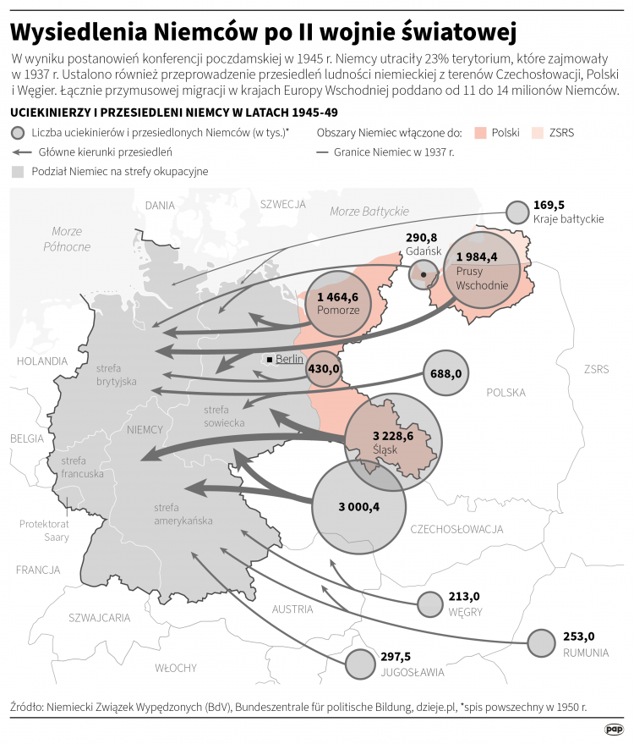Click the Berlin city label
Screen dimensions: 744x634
tap(289, 359)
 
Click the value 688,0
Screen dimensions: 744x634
tap(445, 373)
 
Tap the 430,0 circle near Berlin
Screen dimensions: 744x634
tap(323, 368)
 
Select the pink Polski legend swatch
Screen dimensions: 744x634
tap(480, 133)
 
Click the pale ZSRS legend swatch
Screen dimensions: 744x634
tap(536, 133)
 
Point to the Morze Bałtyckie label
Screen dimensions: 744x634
tap(369, 211)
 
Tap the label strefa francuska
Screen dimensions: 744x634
tap(82, 466)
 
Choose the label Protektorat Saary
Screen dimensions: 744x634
tap(44, 531)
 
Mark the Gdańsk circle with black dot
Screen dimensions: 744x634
tap(424, 274)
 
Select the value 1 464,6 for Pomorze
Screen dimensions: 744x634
tap(338, 297)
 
